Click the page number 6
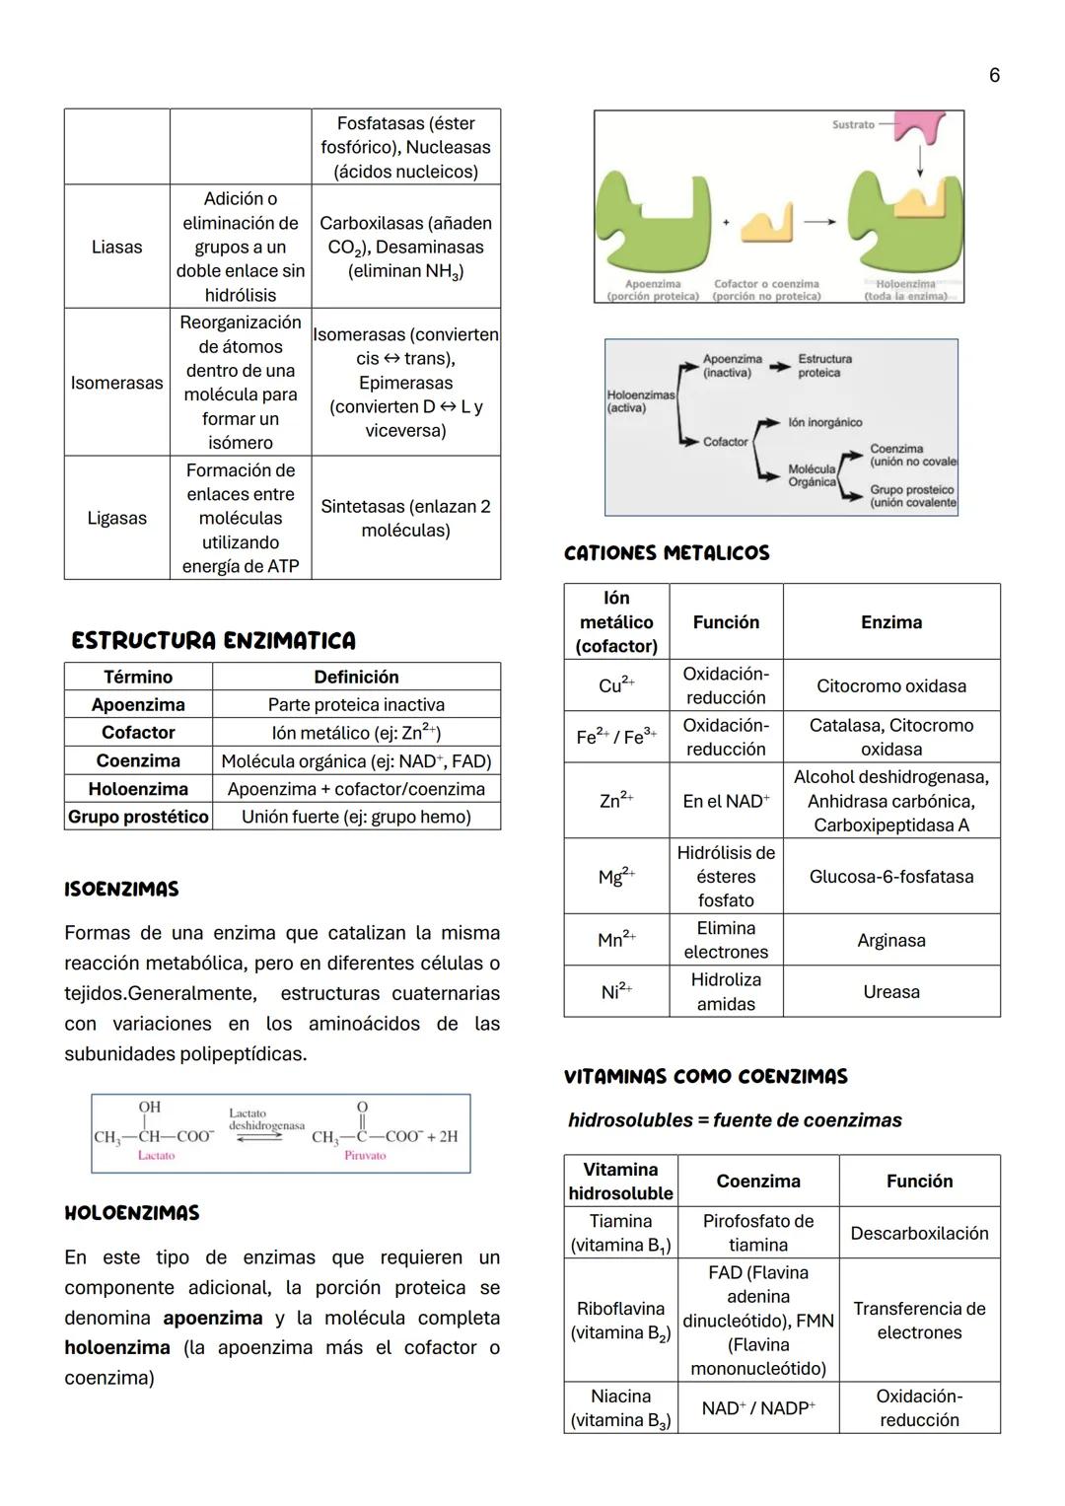point(994,76)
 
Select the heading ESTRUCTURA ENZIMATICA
point(213,641)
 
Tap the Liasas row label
point(116,247)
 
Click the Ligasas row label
point(116,518)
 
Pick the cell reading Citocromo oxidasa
point(890,685)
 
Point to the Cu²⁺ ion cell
point(616,685)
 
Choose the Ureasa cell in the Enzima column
point(890,992)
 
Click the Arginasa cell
point(890,941)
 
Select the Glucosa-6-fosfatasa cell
point(890,877)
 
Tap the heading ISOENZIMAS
point(121,890)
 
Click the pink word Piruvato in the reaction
point(365,1155)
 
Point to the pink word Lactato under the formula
point(156,1155)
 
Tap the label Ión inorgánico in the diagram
point(824,422)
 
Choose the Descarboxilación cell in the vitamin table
point(919,1233)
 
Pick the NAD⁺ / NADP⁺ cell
point(757,1408)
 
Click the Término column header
point(138,677)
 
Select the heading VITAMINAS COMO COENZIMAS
point(705,1077)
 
